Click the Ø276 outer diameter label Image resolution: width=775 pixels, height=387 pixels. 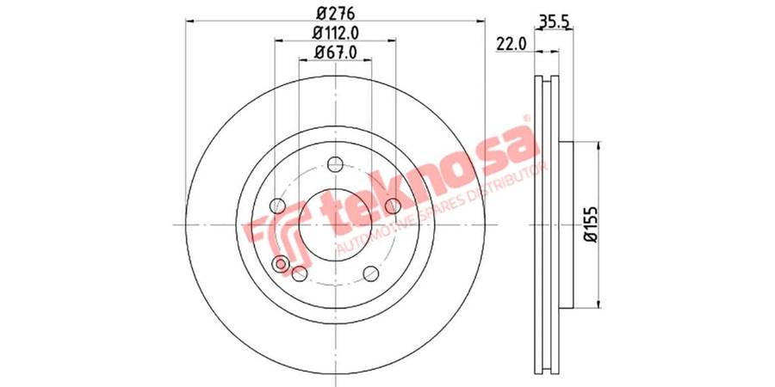(x=335, y=11)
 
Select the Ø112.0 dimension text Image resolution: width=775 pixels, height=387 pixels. (x=335, y=32)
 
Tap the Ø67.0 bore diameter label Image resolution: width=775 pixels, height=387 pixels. (x=335, y=52)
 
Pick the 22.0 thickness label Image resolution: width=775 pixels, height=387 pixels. (x=511, y=45)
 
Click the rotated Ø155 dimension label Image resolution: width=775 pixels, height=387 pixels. (x=592, y=224)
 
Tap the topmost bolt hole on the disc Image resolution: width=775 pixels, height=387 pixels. (x=335, y=164)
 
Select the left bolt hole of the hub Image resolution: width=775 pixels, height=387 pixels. (x=277, y=206)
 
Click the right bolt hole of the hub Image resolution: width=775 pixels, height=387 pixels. (x=393, y=206)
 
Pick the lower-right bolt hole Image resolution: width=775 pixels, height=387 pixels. (x=370, y=273)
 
